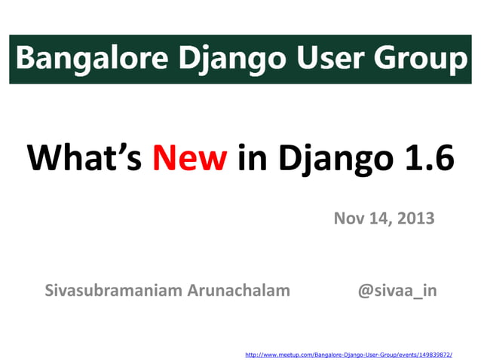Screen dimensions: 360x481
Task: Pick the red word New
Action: point(189,158)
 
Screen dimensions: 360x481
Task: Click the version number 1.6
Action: point(427,158)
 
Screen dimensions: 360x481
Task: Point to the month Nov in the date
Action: point(348,219)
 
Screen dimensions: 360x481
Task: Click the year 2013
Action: point(415,219)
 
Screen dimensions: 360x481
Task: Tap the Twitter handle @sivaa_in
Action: point(397,291)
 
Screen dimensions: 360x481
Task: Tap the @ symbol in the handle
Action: point(364,291)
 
